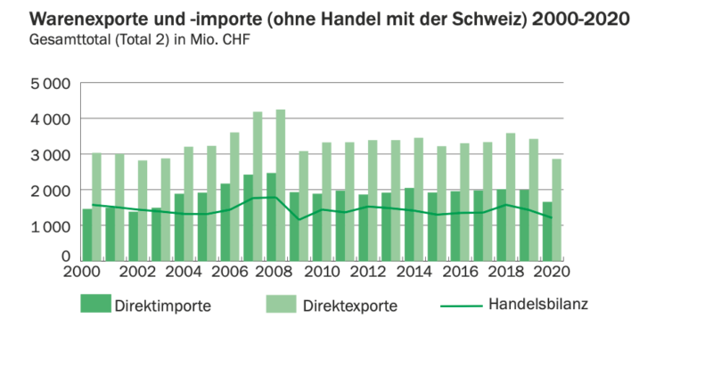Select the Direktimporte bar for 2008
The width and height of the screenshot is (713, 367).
tap(270, 217)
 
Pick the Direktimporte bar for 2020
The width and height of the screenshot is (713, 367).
tap(546, 232)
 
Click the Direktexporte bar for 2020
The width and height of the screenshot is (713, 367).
tap(556, 210)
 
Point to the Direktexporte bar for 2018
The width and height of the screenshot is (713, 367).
tap(511, 197)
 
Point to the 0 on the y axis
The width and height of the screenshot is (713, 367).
tap(66, 257)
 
